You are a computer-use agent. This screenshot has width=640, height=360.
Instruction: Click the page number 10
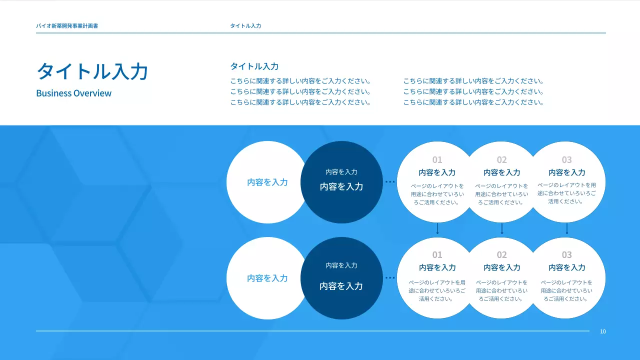[x=603, y=331]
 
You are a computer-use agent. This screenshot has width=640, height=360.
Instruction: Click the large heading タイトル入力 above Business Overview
[x=92, y=71]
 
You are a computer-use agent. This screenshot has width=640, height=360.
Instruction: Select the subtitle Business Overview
[x=74, y=93]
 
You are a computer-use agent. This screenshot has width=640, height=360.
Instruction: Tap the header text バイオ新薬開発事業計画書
[x=67, y=25]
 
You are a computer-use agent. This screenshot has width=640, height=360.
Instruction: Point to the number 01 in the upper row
[x=437, y=160]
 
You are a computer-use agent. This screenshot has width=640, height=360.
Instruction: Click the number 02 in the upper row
[x=501, y=160]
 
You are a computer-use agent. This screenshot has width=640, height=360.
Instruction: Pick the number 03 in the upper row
[x=566, y=160]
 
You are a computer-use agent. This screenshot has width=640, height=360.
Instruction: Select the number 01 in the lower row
[x=437, y=255]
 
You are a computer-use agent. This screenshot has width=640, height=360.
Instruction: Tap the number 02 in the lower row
[x=501, y=255]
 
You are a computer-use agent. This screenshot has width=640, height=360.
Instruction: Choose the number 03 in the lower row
[x=566, y=255]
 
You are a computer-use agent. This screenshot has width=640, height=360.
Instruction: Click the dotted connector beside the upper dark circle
[x=390, y=182]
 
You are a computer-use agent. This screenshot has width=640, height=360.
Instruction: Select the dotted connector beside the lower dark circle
[x=390, y=277]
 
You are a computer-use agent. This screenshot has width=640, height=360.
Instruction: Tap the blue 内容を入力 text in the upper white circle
[x=267, y=182]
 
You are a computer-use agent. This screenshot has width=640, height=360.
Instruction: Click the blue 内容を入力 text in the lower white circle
[x=267, y=278]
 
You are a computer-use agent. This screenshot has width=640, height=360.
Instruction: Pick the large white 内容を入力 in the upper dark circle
[x=341, y=186]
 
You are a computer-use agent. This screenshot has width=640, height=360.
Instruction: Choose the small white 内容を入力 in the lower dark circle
[x=341, y=265]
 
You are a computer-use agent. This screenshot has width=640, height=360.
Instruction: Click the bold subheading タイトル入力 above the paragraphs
[x=254, y=66]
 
